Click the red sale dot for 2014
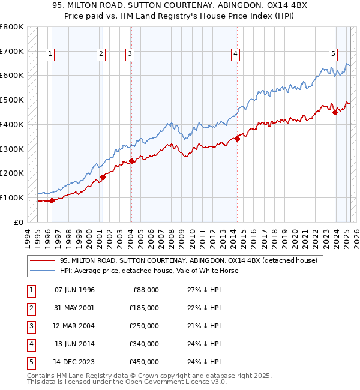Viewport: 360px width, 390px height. pyautogui.click(x=237, y=139)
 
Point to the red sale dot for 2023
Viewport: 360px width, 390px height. pyautogui.click(x=335, y=112)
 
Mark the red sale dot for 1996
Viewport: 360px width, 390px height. pyautogui.click(x=52, y=200)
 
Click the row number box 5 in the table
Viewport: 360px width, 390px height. pyautogui.click(x=30, y=362)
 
